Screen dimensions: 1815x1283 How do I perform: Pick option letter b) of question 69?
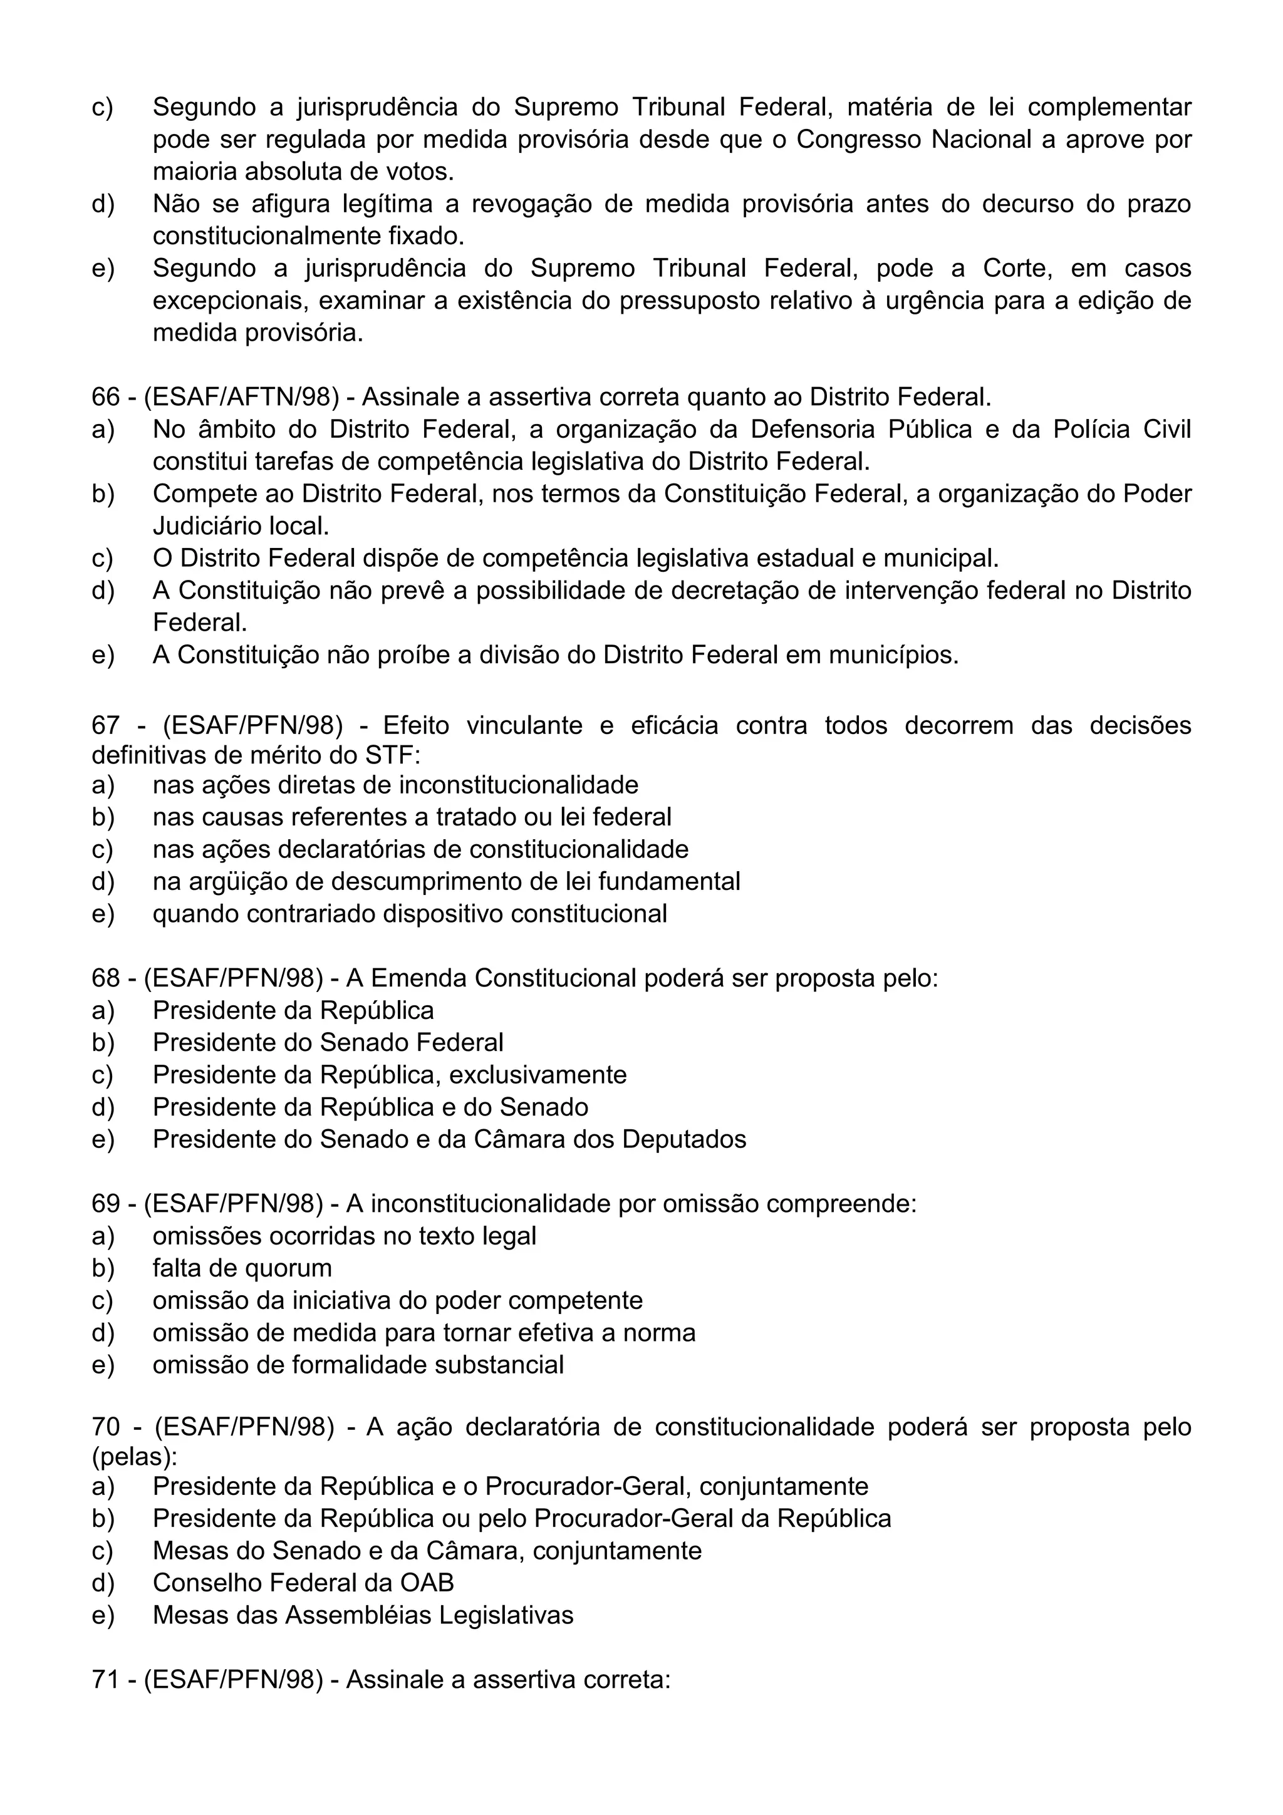(103, 1269)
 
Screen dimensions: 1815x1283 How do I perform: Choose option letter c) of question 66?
(103, 559)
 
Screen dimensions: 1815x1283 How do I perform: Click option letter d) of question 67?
(103, 881)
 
